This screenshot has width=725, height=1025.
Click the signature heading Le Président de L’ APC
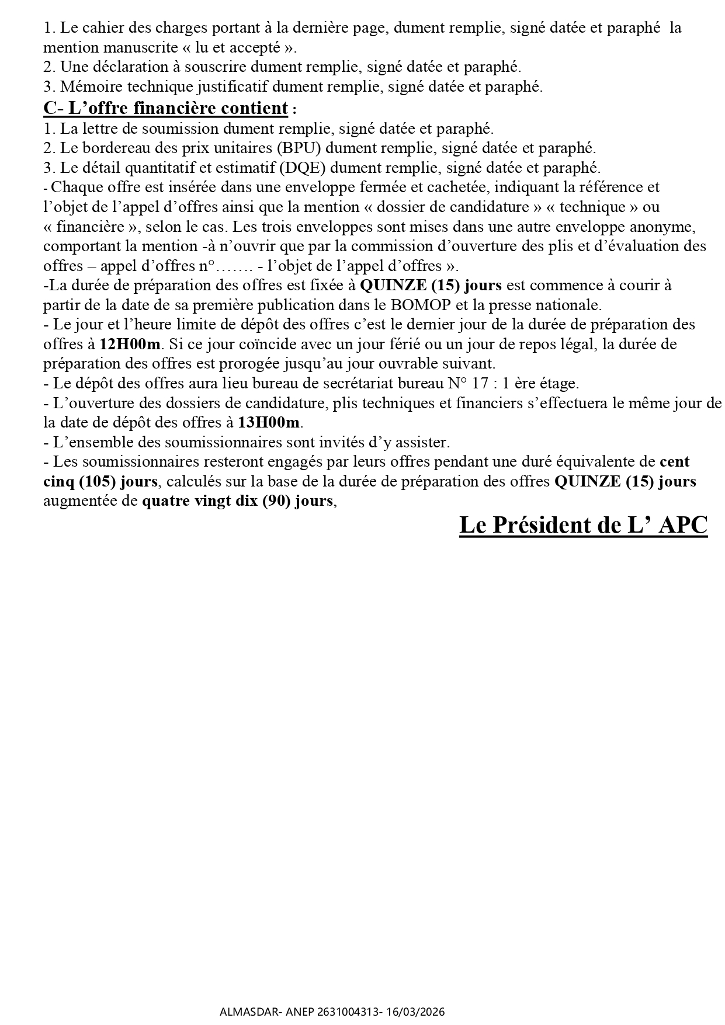(x=583, y=525)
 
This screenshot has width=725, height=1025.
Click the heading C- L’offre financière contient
(x=166, y=108)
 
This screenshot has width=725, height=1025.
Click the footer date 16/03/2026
(x=415, y=1012)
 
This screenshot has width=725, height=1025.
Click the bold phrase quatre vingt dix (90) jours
(x=237, y=501)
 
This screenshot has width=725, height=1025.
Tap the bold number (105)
(x=98, y=482)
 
